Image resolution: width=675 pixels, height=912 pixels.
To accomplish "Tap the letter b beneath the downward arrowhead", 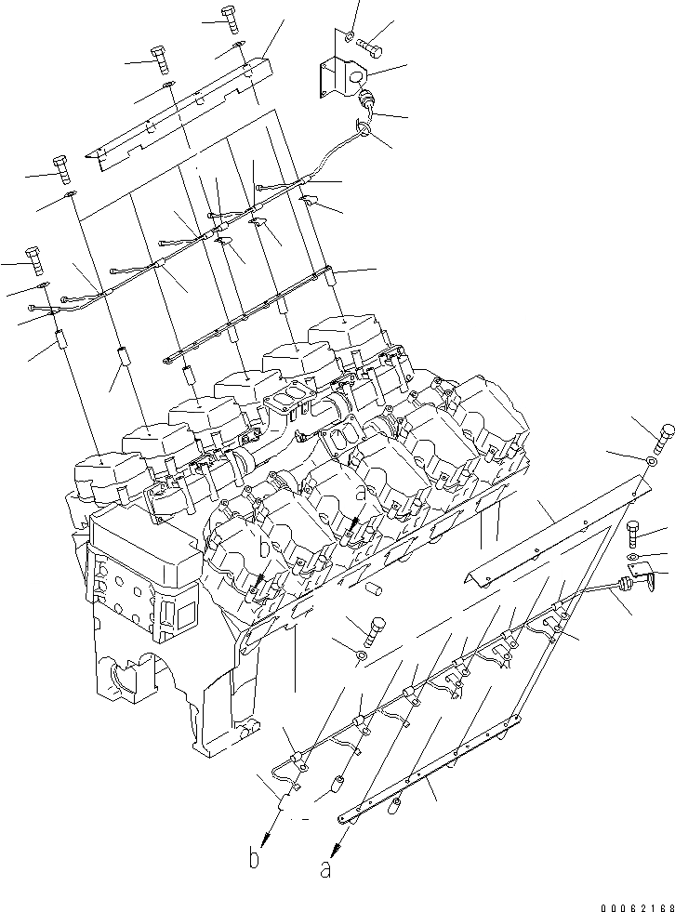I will pyautogui.click(x=255, y=859).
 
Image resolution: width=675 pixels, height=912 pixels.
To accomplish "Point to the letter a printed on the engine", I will pyautogui.click(x=360, y=489).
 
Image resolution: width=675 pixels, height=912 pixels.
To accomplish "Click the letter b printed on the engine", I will pyautogui.click(x=265, y=550).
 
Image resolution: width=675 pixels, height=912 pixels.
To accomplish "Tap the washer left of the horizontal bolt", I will pyautogui.click(x=349, y=35).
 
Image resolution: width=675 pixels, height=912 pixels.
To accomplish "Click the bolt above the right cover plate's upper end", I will pyautogui.click(x=666, y=435).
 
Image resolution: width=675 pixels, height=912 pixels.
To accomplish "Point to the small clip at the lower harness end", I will pyautogui.click(x=287, y=787).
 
